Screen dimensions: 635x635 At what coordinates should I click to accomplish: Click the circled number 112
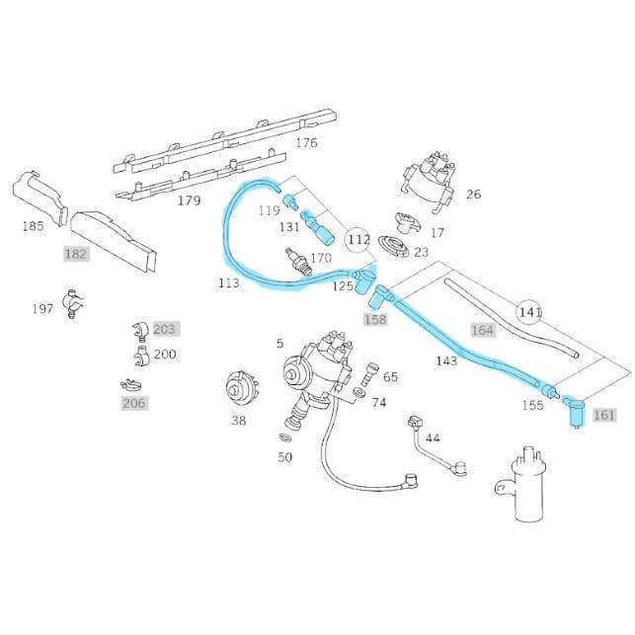[x=358, y=238]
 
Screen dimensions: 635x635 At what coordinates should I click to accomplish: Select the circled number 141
[x=531, y=312]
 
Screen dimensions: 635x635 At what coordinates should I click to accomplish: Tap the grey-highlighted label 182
[x=76, y=254]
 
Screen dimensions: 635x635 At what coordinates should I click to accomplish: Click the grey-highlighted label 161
[x=603, y=415]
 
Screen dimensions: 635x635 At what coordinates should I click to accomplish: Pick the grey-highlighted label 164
[x=482, y=330]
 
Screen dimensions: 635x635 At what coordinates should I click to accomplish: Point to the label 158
[x=375, y=319]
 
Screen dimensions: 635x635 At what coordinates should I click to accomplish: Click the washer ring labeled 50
[x=284, y=436]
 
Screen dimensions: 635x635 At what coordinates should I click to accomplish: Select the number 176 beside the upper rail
[x=306, y=142]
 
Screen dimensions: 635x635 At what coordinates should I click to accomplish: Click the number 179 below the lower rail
[x=190, y=200]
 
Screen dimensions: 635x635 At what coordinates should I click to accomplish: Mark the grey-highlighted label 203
[x=164, y=329]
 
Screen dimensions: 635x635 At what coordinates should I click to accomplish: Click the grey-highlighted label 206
[x=133, y=403]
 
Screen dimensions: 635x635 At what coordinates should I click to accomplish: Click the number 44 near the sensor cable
[x=433, y=437]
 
